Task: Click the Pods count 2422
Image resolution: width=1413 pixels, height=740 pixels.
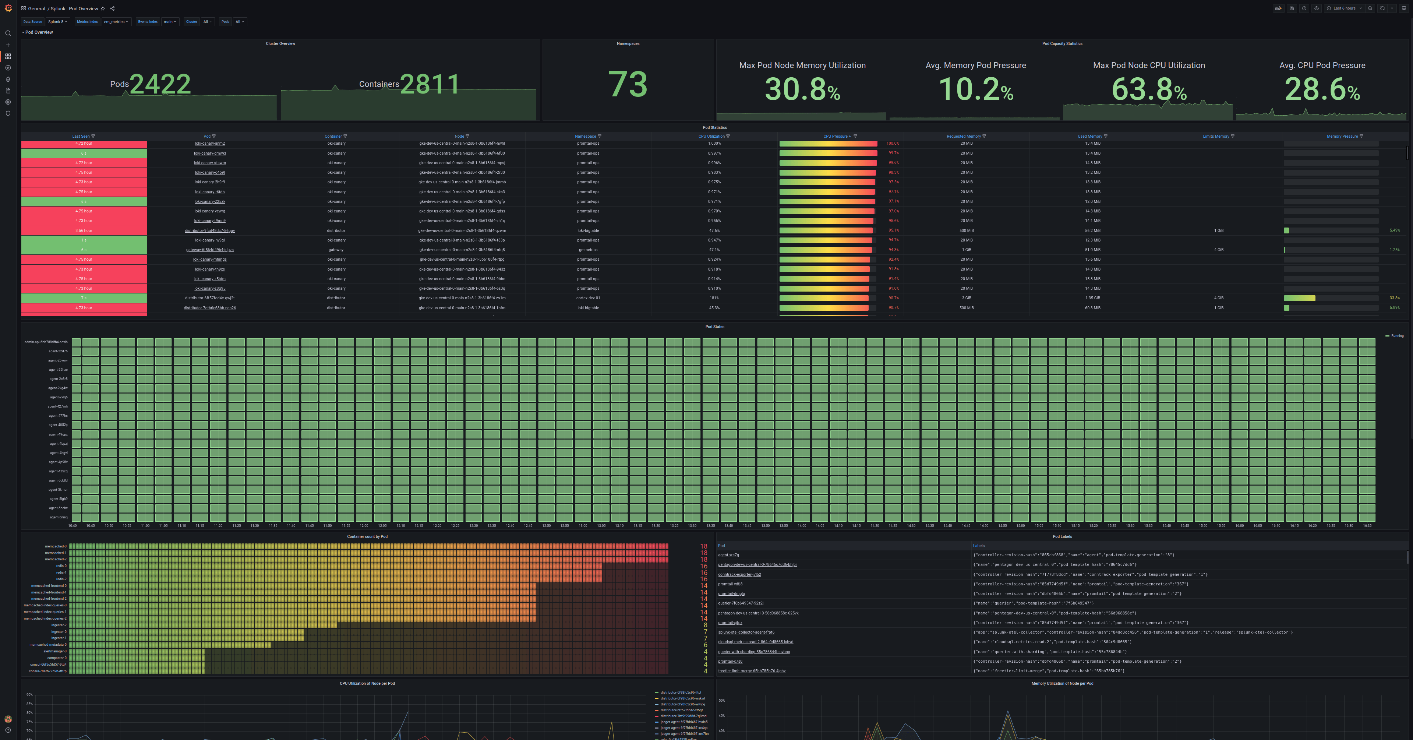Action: coord(160,84)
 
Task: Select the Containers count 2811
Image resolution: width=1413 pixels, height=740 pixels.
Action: coord(430,84)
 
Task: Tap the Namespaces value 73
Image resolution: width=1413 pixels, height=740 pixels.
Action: coord(628,84)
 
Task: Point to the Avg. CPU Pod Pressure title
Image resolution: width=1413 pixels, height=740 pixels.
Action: coord(1322,65)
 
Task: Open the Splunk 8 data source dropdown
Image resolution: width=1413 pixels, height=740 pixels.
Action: coord(57,22)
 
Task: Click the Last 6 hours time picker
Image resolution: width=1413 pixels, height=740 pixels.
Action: coord(1344,8)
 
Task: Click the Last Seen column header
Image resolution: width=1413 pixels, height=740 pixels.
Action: coord(81,137)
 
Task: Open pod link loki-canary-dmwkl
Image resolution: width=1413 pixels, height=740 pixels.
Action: coord(209,154)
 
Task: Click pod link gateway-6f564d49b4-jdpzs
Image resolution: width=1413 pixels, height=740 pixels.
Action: coord(209,250)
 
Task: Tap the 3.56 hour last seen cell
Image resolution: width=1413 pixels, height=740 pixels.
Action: coord(84,231)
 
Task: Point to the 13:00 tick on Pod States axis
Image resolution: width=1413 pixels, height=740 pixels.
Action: coord(583,525)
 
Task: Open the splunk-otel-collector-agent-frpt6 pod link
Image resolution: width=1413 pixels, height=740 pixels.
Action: coord(746,632)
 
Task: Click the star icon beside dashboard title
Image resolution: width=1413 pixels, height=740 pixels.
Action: coord(103,9)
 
